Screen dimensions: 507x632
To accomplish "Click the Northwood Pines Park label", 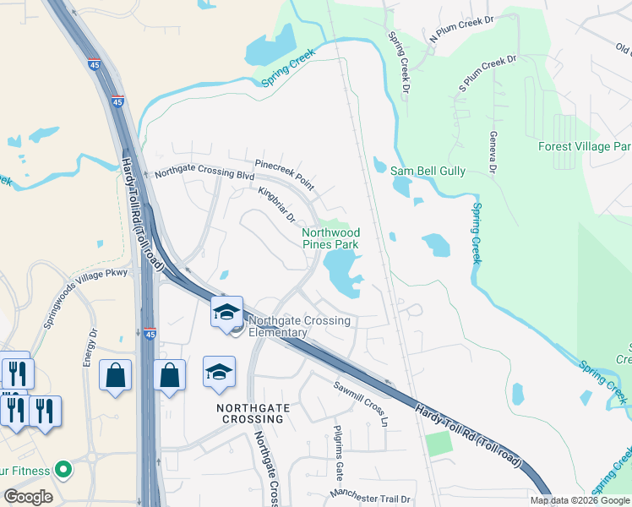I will [x=330, y=238].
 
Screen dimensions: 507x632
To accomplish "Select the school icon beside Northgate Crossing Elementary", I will [x=227, y=312].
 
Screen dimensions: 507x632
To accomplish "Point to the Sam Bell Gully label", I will [x=428, y=171].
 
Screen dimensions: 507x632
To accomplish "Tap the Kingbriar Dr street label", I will [x=276, y=205].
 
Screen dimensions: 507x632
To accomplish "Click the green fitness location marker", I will [x=61, y=468].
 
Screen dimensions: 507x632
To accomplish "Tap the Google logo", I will [x=28, y=497].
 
